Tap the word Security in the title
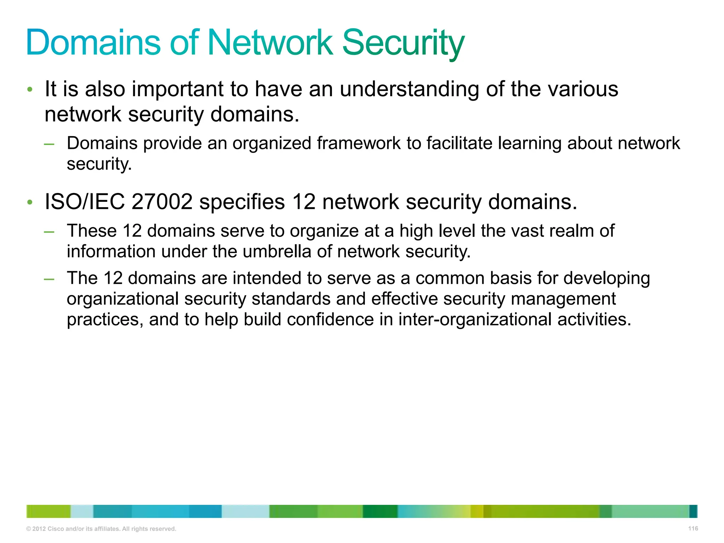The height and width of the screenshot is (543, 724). click(403, 43)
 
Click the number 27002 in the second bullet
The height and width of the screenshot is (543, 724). click(162, 202)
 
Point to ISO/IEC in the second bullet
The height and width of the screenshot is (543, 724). click(84, 202)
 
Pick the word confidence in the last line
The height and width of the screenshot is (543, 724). click(330, 320)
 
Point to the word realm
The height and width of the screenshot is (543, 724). click(571, 231)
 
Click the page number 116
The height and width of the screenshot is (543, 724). click(693, 529)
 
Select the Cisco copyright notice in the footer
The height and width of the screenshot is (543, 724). click(101, 529)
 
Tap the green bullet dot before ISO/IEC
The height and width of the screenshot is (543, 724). click(30, 203)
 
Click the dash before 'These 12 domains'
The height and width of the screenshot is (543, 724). click(49, 232)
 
